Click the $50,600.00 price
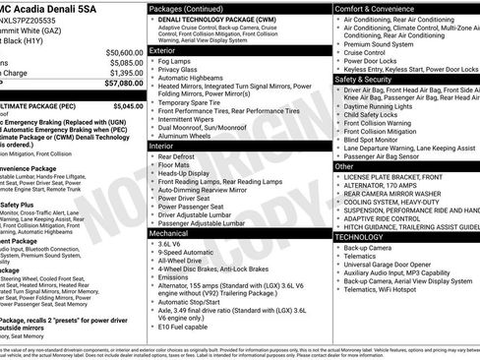118,51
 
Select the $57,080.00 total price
118,85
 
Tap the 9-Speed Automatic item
196,255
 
